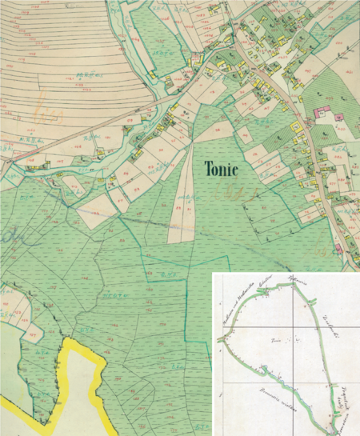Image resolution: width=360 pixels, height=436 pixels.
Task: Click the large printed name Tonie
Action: click(228, 170)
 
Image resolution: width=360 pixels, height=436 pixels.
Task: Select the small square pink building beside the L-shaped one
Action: click(317, 110)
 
